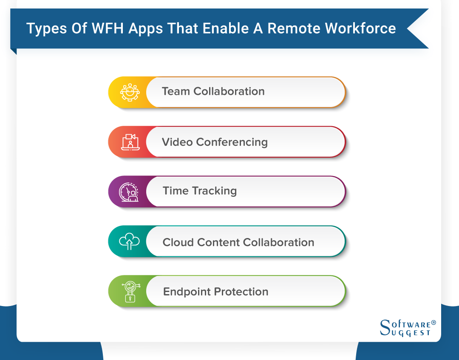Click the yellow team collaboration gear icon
[x=129, y=92]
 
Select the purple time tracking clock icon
[x=128, y=191]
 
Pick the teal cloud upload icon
[x=129, y=241]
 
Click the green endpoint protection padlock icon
[x=129, y=292]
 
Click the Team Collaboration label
[x=213, y=91]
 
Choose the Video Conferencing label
[x=215, y=142]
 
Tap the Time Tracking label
[x=199, y=191]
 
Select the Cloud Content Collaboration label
[x=238, y=242]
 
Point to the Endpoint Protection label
[x=215, y=292]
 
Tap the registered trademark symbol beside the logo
[x=433, y=323]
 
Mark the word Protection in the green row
[x=241, y=292]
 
